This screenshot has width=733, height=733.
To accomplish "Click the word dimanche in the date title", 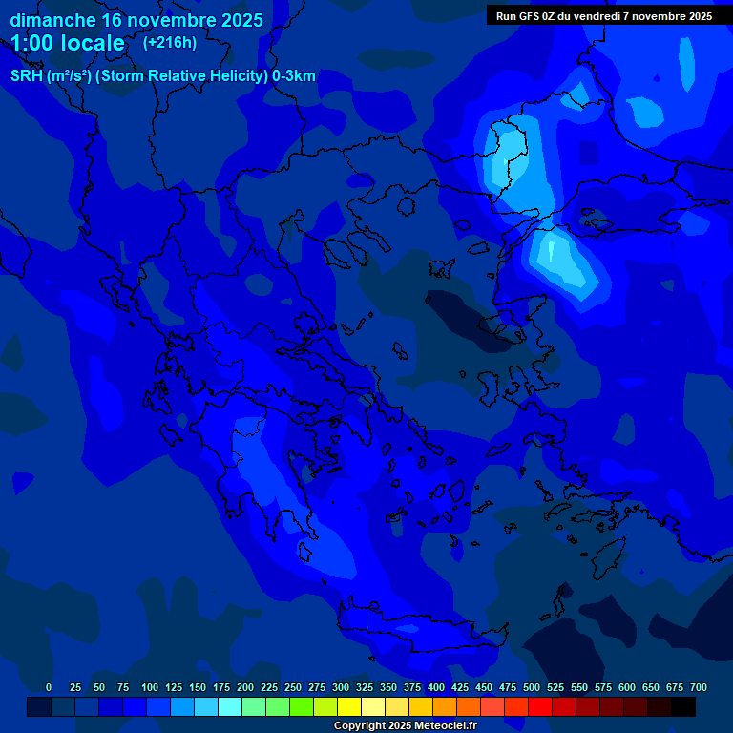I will pos(52,20).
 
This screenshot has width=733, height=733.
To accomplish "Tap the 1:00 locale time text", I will pos(68,43).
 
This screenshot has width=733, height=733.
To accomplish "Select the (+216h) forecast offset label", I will pos(169,42).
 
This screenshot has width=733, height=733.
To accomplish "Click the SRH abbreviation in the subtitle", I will pos(28,76).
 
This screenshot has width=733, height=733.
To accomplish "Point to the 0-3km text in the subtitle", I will pos(293,76).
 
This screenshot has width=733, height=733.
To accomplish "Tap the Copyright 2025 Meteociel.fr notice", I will pos(405,725).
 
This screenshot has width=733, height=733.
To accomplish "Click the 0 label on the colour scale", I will pos(49,687).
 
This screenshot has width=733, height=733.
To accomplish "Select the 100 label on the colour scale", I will pos(150,687).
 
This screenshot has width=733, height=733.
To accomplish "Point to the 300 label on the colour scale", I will pos(341,687).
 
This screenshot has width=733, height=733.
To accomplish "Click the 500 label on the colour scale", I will pos(532,687).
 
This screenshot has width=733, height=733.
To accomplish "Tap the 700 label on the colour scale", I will pos(699,687).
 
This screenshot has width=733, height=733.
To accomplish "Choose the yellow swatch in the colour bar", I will pos(349,707).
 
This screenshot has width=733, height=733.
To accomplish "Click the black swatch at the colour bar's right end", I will pos(683,707).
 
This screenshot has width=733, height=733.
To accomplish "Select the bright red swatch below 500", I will pos(540,707).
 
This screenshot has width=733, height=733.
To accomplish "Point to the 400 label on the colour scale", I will pos(436,687).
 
